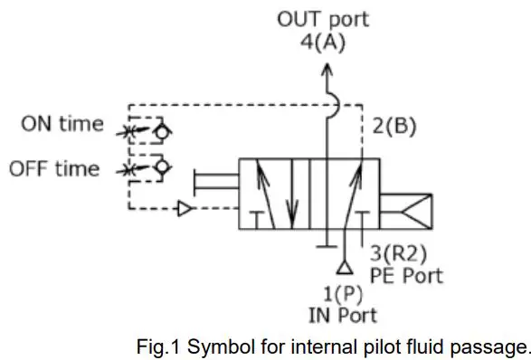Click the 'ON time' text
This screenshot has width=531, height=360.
click(62, 126)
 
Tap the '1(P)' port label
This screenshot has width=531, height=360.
click(344, 295)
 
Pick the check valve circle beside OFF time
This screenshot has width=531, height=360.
click(164, 170)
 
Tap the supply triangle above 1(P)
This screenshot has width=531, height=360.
click(344, 269)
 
